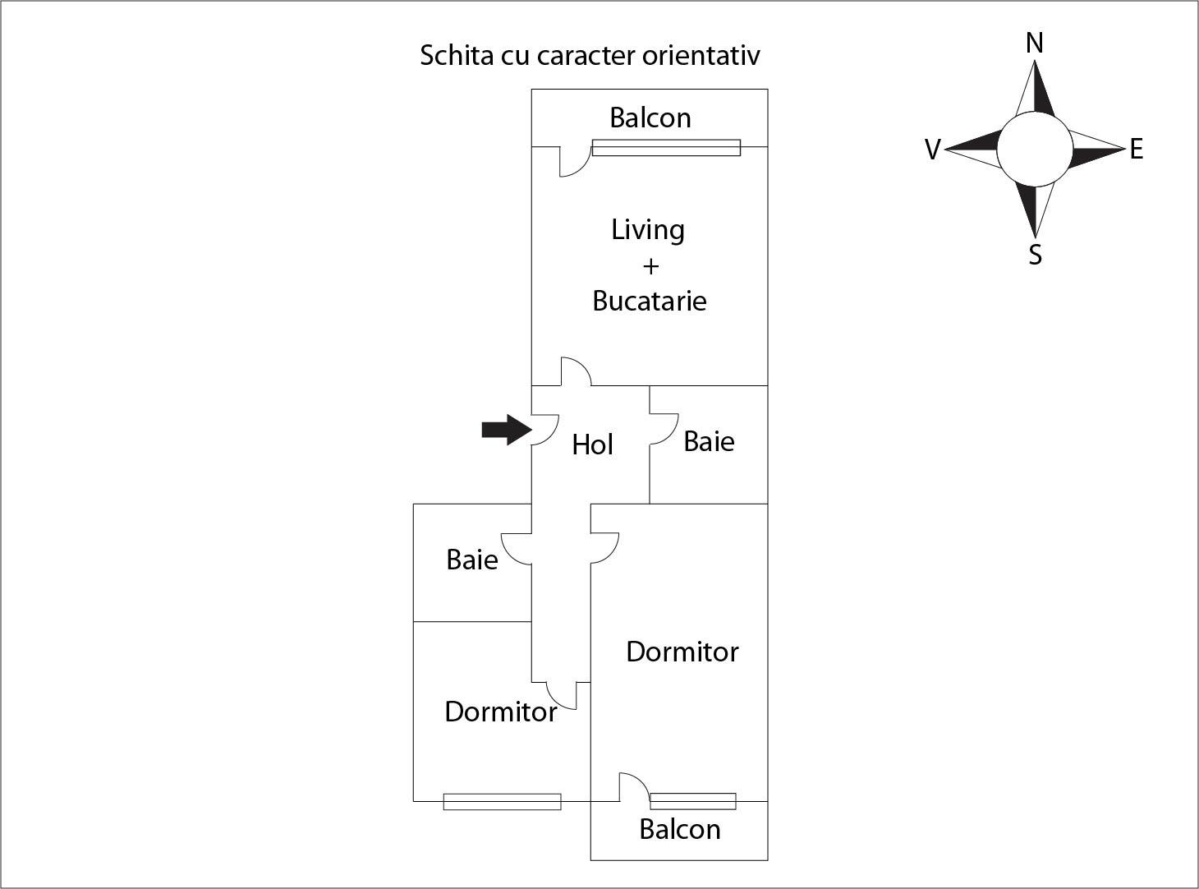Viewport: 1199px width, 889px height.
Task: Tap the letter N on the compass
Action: click(1035, 43)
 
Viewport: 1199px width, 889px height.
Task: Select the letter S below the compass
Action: click(1035, 255)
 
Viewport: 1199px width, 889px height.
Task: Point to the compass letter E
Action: click(1136, 149)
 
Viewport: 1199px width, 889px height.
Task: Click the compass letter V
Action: click(932, 150)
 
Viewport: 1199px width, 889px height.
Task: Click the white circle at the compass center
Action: click(1034, 150)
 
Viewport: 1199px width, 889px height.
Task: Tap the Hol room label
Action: click(592, 444)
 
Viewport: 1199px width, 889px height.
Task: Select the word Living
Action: click(648, 230)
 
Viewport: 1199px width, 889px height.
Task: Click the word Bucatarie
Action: click(649, 301)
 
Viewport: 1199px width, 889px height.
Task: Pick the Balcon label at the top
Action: click(650, 117)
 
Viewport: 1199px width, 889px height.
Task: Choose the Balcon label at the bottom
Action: click(679, 829)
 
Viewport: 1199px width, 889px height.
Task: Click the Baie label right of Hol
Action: click(709, 441)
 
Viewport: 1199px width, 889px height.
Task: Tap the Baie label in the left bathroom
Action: click(471, 560)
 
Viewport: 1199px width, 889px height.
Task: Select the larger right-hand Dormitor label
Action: click(682, 652)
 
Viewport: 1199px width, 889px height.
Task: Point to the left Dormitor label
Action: click(500, 712)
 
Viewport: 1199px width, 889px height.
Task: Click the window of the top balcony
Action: click(666, 148)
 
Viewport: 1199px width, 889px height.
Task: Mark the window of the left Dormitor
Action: click(502, 801)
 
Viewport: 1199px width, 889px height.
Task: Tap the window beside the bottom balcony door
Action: click(692, 801)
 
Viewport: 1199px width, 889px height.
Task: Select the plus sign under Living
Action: click(650, 266)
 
